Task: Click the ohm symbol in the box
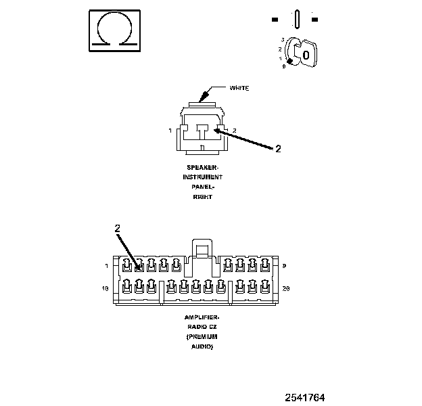click(x=114, y=30)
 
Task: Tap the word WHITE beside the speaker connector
click(x=239, y=88)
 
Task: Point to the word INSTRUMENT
click(x=202, y=177)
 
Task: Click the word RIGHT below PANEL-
click(x=202, y=197)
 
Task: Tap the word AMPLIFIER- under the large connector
click(x=202, y=317)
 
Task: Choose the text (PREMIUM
click(x=202, y=336)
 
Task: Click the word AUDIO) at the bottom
click(x=202, y=346)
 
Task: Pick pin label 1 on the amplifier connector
click(x=106, y=265)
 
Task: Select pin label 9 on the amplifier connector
click(x=284, y=265)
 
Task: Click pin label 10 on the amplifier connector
click(x=105, y=288)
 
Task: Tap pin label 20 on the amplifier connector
click(x=286, y=288)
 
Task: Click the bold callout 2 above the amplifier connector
click(x=117, y=229)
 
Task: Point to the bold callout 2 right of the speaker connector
click(x=277, y=149)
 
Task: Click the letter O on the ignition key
click(x=306, y=53)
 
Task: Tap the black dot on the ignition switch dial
click(x=290, y=62)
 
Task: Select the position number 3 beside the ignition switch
click(x=282, y=40)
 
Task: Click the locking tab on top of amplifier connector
click(x=202, y=248)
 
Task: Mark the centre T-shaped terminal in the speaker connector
click(x=202, y=130)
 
